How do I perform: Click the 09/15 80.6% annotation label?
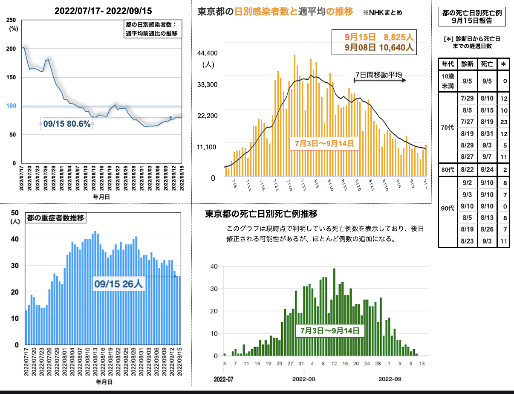67,124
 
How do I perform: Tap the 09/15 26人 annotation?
118,284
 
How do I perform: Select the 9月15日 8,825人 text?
379,37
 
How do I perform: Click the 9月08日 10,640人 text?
379,48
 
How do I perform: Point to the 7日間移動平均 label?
378,75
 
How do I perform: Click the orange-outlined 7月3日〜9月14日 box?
324,143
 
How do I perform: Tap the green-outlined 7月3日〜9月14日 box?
330,330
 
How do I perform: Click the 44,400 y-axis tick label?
208,53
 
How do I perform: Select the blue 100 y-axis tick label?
11,106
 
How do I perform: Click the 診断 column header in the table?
468,64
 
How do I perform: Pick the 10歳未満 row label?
448,81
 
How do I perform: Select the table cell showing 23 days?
504,122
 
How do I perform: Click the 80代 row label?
448,170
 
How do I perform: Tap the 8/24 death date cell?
487,170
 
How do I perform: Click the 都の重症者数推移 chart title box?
55,218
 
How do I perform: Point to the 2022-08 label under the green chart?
304,379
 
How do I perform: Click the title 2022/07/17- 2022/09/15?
103,11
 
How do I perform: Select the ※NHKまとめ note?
382,12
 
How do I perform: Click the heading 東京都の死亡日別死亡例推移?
261,214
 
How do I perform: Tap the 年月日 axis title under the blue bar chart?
104,382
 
